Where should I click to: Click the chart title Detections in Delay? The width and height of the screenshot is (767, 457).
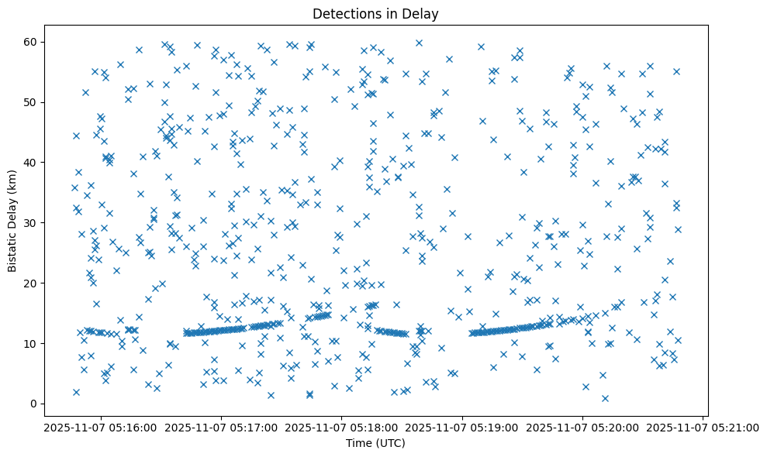(375, 13)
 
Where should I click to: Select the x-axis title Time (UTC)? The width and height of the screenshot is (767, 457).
(375, 444)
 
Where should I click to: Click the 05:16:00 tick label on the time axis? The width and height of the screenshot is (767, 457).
(100, 427)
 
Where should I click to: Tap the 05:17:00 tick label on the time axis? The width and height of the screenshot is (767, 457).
(221, 427)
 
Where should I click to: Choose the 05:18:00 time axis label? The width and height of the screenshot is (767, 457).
(341, 427)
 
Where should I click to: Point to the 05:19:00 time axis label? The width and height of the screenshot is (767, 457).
(462, 427)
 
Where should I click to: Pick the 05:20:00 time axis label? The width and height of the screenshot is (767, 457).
(582, 427)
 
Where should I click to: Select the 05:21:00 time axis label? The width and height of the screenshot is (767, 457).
(703, 427)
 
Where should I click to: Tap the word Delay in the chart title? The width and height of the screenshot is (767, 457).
(423, 13)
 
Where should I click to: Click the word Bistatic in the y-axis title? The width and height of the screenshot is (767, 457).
(13, 249)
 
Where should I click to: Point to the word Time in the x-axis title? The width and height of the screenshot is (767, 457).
(359, 444)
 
